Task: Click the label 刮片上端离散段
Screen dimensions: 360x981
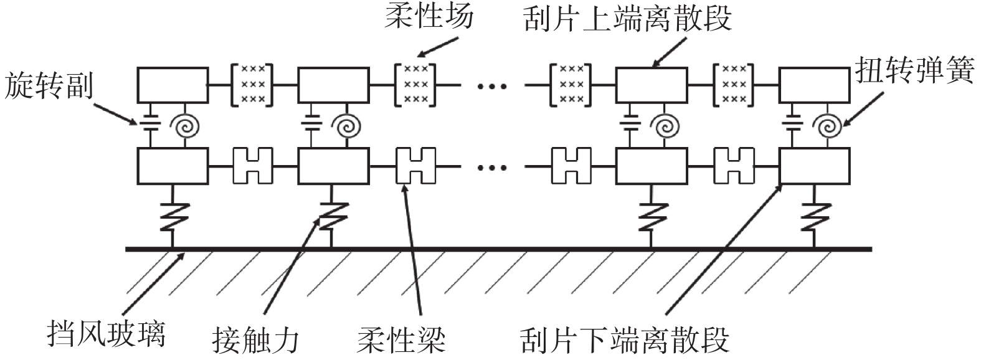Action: point(628,19)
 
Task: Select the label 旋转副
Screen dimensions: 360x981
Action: point(48,85)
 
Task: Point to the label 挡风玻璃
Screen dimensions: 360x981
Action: point(107,334)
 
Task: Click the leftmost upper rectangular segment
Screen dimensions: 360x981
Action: point(173,84)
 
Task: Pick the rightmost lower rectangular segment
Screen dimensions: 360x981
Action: point(815,166)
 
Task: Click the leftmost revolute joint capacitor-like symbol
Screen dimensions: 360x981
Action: point(151,123)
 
